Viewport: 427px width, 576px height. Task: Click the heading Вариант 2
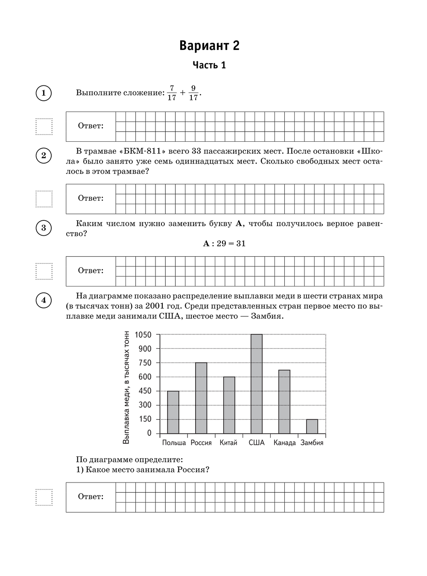pos(209,46)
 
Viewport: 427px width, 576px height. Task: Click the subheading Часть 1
pos(209,65)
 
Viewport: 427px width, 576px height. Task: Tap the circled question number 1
pos(44,93)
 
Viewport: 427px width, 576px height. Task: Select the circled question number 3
pos(44,228)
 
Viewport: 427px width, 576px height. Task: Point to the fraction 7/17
pos(172,93)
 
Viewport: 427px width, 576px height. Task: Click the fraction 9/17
pos(193,93)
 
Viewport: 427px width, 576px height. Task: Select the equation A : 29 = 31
pos(225,244)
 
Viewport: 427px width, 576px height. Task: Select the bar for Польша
pos(173,412)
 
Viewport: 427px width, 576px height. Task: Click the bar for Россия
pos(201,398)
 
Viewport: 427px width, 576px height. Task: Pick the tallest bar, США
pos(257,384)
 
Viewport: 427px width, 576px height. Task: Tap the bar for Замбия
pos(312,426)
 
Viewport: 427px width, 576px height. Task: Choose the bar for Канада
pos(284,402)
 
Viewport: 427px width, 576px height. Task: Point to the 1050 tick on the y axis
pos(143,335)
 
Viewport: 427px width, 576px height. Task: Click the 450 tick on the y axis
pos(144,391)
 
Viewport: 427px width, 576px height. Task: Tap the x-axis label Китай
pos(228,443)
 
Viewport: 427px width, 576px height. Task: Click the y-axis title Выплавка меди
pos(126,387)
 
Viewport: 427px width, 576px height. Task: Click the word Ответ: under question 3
pos(91,271)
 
